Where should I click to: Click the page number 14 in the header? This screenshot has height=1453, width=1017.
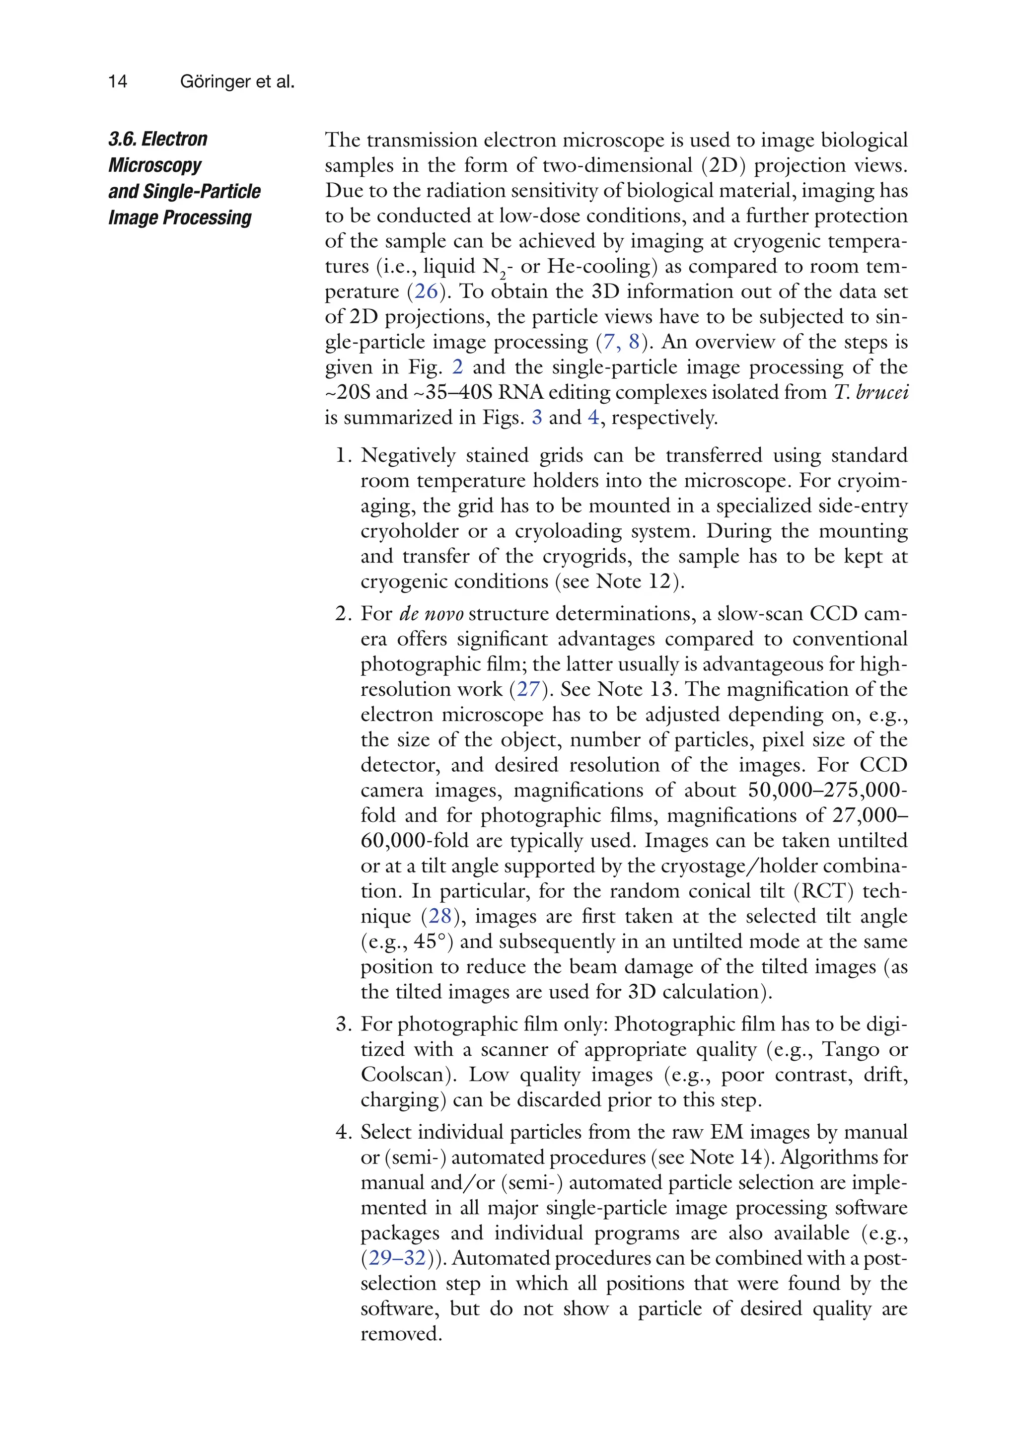click(x=118, y=81)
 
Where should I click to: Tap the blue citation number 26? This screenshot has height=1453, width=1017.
click(x=426, y=291)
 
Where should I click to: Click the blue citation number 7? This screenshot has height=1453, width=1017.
click(x=609, y=342)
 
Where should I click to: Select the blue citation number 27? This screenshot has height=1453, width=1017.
click(x=528, y=689)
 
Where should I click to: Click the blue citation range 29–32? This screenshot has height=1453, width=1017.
click(x=397, y=1257)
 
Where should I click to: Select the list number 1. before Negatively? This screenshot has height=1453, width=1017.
click(x=343, y=456)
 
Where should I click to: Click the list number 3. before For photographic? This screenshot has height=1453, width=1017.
click(x=343, y=1024)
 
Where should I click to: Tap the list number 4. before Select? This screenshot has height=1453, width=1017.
click(x=343, y=1132)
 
